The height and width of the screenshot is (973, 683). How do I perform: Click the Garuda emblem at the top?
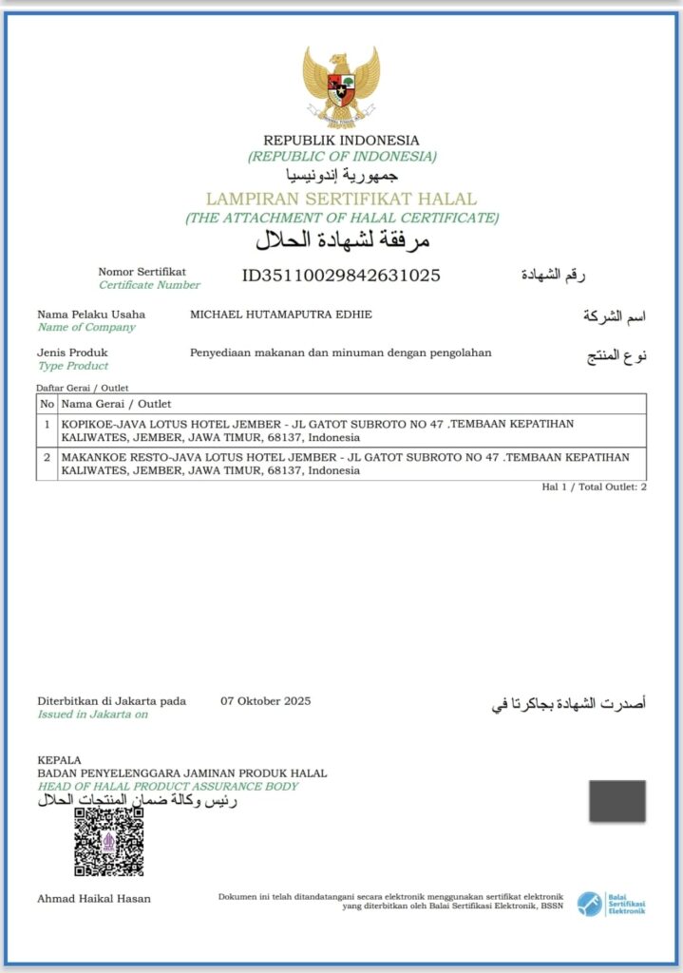[341, 86]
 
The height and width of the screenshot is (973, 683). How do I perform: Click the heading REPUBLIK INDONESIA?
[341, 141]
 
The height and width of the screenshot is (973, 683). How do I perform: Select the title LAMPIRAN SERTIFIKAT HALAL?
[341, 200]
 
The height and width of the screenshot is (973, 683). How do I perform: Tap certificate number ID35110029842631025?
[341, 277]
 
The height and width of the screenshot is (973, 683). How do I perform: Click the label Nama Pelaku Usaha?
[91, 315]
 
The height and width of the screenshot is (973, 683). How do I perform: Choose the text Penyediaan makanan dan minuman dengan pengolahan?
[341, 353]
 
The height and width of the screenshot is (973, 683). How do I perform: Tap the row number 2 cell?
[47, 458]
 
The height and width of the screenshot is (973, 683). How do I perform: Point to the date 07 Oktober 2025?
[265, 701]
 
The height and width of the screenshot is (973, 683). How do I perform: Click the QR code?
[109, 841]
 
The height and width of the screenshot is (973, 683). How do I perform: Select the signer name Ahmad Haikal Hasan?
[93, 898]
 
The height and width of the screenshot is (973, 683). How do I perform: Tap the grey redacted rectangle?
[617, 801]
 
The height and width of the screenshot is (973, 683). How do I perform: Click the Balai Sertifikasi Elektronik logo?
[611, 903]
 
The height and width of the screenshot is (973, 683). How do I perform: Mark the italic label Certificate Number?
[149, 285]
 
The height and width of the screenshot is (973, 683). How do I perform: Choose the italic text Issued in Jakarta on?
[92, 715]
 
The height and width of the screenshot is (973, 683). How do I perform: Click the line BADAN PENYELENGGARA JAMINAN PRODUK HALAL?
[181, 773]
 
